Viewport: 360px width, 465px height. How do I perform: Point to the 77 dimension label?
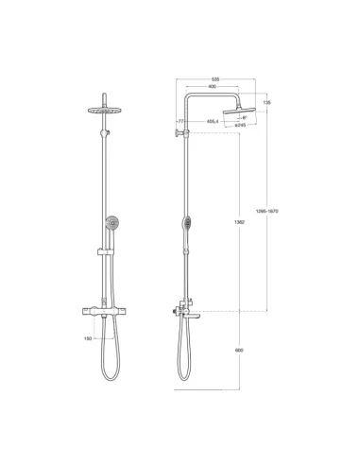tap(180, 122)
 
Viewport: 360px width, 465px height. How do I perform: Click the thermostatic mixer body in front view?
tap(109, 310)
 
